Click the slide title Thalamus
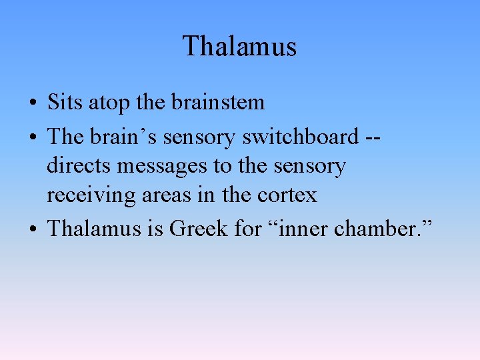tap(239, 47)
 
